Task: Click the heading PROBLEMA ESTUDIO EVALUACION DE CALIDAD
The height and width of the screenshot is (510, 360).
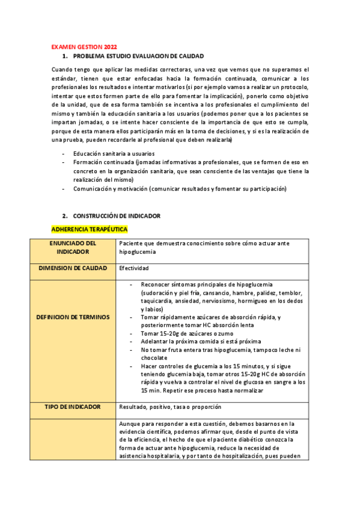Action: [138, 55]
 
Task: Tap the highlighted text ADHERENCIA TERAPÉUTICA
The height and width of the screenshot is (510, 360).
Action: [90, 229]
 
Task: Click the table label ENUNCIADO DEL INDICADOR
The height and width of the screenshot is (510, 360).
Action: [82, 247]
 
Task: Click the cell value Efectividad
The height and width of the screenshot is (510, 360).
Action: [133, 268]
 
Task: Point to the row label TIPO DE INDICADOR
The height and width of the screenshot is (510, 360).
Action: [73, 407]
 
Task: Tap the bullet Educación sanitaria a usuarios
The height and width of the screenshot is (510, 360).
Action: [114, 154]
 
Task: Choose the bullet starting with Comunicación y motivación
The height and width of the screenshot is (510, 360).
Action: [180, 189]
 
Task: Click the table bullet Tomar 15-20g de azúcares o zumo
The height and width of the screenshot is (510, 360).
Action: [187, 333]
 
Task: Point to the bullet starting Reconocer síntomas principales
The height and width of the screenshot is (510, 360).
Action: [207, 284]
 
